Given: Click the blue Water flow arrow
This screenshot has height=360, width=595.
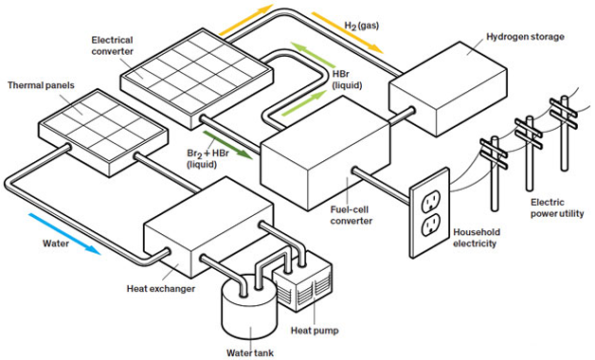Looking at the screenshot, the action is tap(64, 234).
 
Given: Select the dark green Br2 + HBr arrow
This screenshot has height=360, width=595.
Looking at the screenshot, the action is tap(228, 145).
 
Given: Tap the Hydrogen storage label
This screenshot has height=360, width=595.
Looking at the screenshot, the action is tap(525, 37).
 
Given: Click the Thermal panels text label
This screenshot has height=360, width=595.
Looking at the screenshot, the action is tap(41, 85).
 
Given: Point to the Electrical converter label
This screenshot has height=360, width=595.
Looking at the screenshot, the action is tap(113, 45).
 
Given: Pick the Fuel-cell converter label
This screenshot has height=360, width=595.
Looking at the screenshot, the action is tap(351, 215).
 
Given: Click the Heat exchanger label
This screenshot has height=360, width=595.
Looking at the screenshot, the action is tap(161, 289).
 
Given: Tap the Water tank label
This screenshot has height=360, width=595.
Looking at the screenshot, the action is tap(250, 352).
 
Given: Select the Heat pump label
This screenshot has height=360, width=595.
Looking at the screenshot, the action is tap(315, 331).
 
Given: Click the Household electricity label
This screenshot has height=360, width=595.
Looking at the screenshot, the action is tap(477, 238).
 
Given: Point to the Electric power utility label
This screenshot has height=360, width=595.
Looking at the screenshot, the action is tap(557, 207).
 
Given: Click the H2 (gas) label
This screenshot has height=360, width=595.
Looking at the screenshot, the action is tap(362, 26).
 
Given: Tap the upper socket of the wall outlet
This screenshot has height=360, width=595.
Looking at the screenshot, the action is tap(431, 201).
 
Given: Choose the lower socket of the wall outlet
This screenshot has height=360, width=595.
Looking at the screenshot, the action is tap(431, 225).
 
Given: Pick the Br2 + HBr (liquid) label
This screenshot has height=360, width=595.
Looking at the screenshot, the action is tap(207, 158).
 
